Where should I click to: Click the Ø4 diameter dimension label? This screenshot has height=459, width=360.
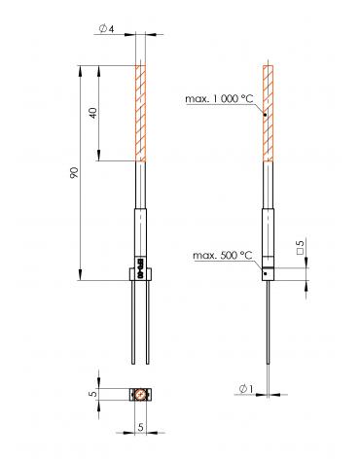106,29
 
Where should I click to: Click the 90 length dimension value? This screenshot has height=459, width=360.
74,173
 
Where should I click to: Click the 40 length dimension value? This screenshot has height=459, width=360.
93,113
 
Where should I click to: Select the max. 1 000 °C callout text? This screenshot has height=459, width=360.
219,99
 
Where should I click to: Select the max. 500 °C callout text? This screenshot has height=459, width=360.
223,256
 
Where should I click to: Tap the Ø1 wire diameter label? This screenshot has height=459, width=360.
246,389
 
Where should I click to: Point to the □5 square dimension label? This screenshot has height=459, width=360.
301,247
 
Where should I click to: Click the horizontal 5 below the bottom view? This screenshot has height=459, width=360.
140,427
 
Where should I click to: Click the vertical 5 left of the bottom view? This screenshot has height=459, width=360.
93,394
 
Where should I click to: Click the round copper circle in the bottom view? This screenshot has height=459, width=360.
140,395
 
